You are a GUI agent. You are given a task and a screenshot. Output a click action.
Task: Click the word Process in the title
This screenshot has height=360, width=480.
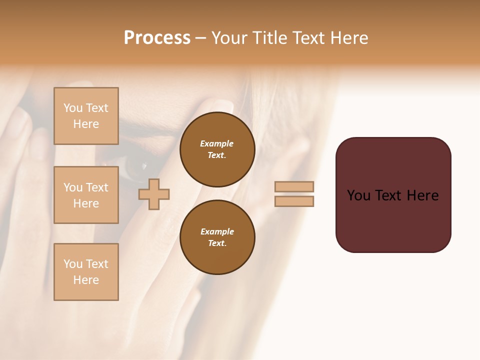tap(157, 38)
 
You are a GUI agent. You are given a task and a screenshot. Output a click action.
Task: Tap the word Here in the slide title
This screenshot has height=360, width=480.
tap(348, 38)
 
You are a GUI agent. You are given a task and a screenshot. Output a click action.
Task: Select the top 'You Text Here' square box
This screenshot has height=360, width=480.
tap(86, 116)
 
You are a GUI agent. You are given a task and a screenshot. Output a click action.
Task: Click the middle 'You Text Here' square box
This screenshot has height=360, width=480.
tap(86, 195)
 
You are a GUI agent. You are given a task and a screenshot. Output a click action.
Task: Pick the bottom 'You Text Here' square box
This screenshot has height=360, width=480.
tap(86, 272)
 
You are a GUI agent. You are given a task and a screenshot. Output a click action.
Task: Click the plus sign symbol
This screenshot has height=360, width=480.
tap(154, 194)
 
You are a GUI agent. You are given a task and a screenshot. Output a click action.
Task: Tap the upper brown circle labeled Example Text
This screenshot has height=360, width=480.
tap(217, 149)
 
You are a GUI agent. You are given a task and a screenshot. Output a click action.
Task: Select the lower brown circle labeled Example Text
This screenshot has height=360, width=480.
tap(217, 237)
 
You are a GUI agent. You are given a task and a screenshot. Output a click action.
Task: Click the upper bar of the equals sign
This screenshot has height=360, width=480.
tap(294, 186)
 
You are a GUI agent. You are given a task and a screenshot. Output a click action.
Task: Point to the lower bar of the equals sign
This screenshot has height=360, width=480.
tap(294, 201)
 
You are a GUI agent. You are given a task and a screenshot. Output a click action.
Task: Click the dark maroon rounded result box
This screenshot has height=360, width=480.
tap(393, 220)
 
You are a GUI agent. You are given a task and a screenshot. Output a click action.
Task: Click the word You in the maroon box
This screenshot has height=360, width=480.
tap(359, 195)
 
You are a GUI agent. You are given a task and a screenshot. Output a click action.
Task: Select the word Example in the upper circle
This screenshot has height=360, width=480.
tap(217, 144)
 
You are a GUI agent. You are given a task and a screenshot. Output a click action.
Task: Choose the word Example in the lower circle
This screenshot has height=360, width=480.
tap(217, 232)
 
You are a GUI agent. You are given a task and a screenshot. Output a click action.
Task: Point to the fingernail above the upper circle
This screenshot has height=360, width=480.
tap(223, 105)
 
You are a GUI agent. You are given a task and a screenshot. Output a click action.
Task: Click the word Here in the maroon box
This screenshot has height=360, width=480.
tap(423, 195)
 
